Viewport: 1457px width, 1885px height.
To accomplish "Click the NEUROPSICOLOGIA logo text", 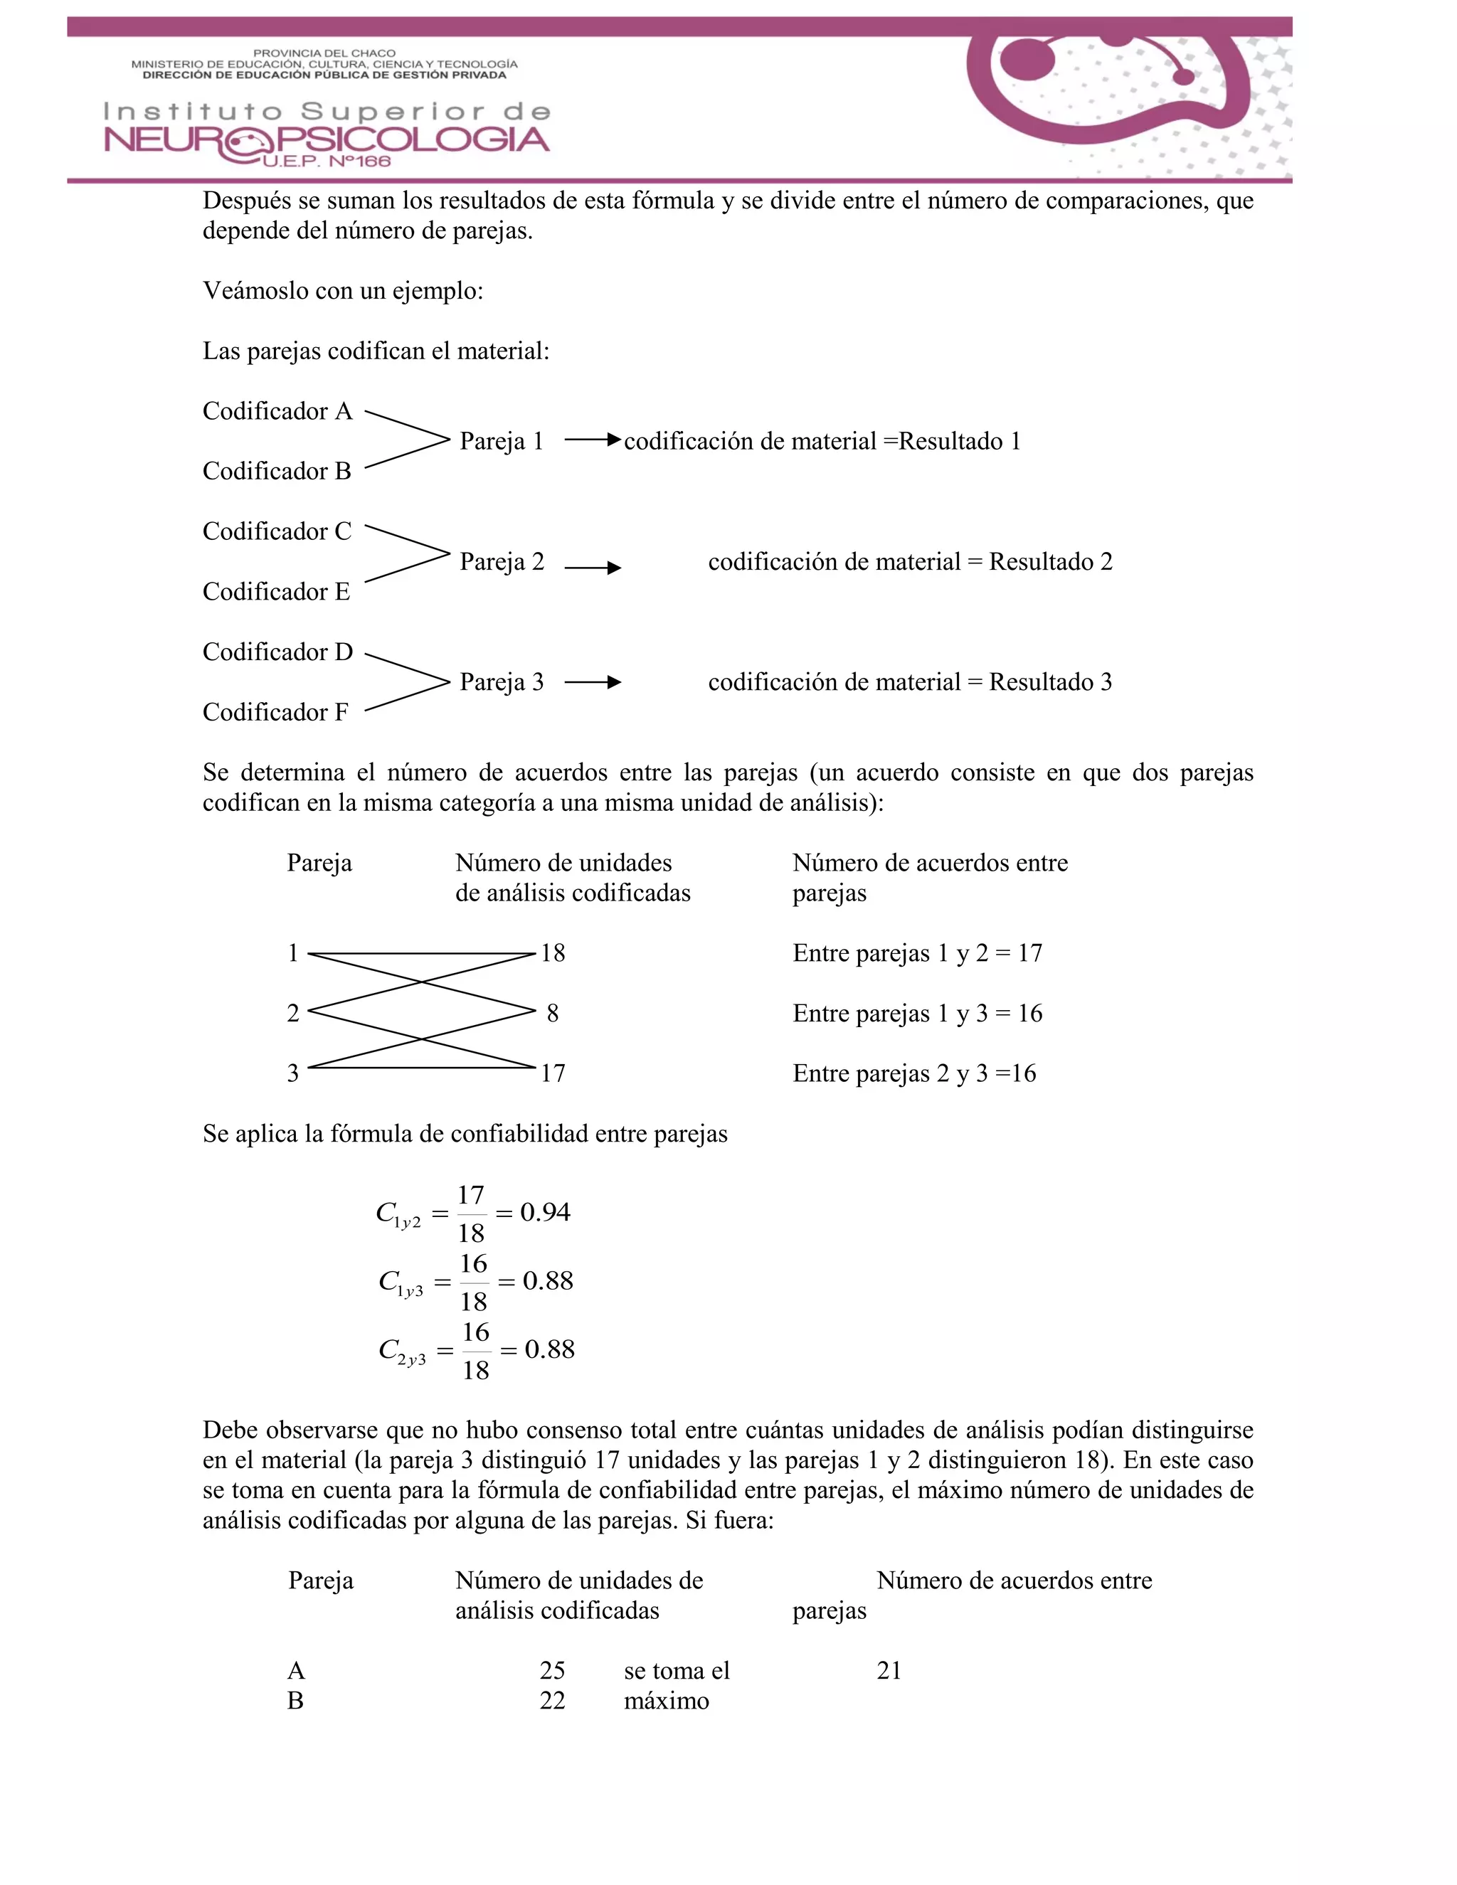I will click(x=327, y=141).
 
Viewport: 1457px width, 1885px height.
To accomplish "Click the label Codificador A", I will click(x=277, y=411).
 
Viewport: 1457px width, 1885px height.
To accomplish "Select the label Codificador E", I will click(x=276, y=592).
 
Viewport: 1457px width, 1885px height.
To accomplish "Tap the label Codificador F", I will click(x=275, y=712).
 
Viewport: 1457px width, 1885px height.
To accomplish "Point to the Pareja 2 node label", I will click(x=502, y=562).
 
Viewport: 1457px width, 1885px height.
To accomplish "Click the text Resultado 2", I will click(x=1051, y=562).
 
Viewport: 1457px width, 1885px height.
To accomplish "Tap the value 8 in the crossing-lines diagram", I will click(x=552, y=1013).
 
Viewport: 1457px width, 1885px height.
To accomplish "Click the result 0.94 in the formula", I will click(x=545, y=1213).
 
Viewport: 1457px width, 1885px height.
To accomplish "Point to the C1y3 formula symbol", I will click(x=401, y=1283).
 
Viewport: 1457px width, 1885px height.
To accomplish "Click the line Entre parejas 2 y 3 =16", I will click(x=914, y=1073).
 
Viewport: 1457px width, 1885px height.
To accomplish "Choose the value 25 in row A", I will click(x=552, y=1670).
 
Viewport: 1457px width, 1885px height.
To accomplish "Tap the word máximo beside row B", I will click(x=667, y=1701).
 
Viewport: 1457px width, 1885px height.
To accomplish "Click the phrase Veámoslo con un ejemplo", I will click(x=343, y=291).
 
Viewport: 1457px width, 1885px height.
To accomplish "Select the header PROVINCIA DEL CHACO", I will click(x=324, y=53).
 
